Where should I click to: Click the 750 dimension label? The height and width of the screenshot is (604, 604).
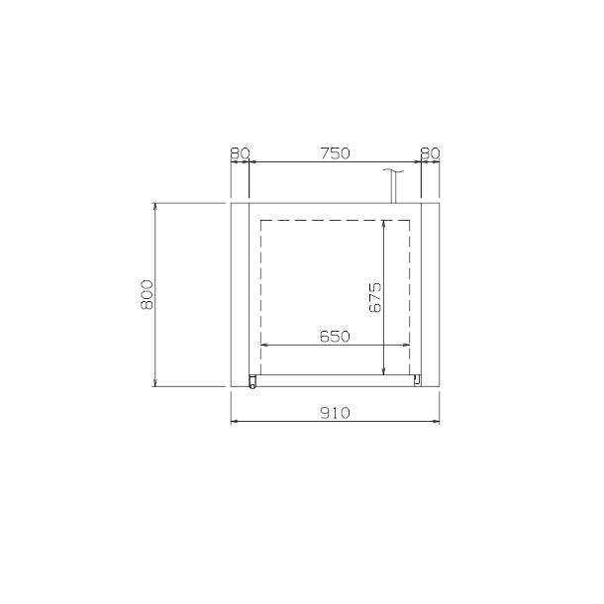tap(335, 153)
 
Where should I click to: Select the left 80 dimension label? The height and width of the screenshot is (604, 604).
tap(240, 153)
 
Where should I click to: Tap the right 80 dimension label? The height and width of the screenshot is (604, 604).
tap(430, 153)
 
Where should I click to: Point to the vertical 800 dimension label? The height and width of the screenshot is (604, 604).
tap(147, 295)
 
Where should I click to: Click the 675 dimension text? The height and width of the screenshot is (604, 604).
tap(375, 297)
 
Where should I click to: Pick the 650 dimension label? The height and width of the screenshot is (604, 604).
tap(335, 337)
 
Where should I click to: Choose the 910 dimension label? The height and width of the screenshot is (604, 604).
tap(335, 413)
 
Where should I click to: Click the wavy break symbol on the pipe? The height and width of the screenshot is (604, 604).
tap(393, 170)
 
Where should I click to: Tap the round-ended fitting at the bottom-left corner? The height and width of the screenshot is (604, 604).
tap(252, 381)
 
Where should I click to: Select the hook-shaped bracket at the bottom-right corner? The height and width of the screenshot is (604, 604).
tap(417, 380)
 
